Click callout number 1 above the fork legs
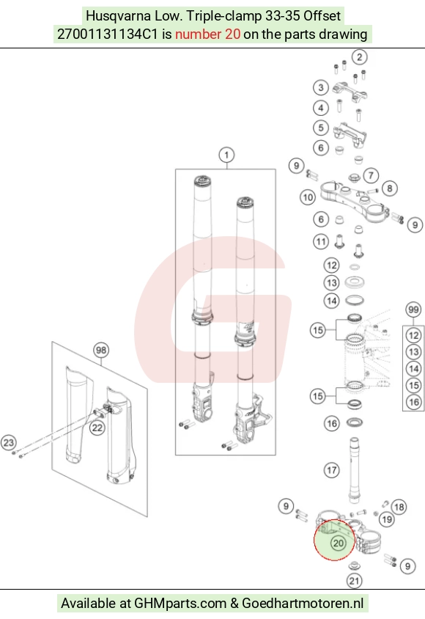[x=226, y=155]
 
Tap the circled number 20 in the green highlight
[x=339, y=543]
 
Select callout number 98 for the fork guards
[x=101, y=350]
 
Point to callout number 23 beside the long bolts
[x=9, y=442]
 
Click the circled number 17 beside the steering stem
[x=331, y=470]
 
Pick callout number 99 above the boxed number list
[x=413, y=309]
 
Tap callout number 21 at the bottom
[x=354, y=580]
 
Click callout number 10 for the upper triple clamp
[x=308, y=197]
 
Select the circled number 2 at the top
[x=359, y=57]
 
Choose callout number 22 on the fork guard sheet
[x=97, y=428]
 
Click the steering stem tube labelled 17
[x=354, y=470]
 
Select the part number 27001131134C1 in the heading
[x=108, y=34]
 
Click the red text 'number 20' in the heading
[x=208, y=34]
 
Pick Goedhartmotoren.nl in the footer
[x=303, y=603]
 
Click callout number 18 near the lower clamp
[x=399, y=507]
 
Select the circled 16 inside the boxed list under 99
[x=413, y=402]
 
